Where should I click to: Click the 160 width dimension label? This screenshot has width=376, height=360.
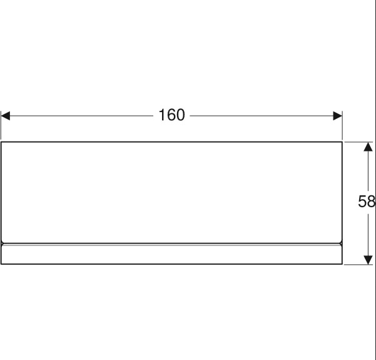(x=171, y=115)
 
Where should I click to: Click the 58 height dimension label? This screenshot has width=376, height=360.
(x=367, y=202)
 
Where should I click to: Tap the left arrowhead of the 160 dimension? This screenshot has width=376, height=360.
(x=6, y=116)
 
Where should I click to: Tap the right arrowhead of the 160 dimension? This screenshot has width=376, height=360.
(x=337, y=116)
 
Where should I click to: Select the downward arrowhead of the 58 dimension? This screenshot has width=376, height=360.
(x=368, y=258)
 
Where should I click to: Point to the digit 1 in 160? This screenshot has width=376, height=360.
(x=161, y=115)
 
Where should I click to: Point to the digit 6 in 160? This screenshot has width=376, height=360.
(x=171, y=115)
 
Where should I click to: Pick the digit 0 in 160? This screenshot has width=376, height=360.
(x=180, y=115)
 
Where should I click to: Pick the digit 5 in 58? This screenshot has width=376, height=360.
(x=362, y=202)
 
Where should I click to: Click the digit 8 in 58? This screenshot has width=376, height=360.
(x=371, y=202)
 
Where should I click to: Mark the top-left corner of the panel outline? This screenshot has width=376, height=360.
(x=1, y=142)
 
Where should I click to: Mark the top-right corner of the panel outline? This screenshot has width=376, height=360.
(x=342, y=142)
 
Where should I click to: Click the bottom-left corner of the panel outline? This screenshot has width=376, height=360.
(x=1, y=264)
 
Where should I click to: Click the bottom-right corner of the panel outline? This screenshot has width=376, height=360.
(x=342, y=264)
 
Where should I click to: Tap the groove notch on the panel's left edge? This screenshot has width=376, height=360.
(x=3, y=243)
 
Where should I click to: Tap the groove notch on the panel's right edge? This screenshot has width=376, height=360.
(x=341, y=243)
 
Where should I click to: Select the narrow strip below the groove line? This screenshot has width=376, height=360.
(x=171, y=254)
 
